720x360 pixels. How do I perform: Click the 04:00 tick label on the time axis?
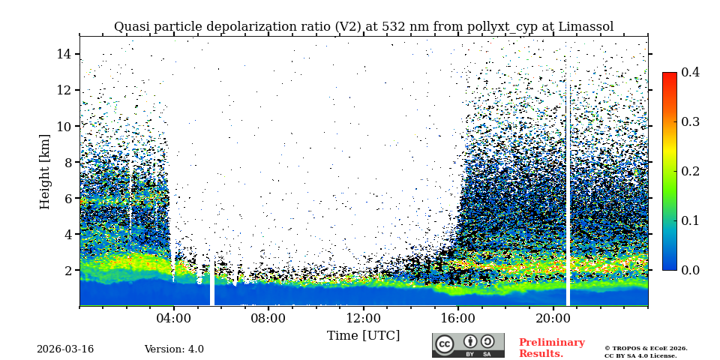[x=174, y=318]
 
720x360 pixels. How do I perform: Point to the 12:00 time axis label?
[x=363, y=318]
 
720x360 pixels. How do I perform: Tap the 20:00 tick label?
[x=553, y=318]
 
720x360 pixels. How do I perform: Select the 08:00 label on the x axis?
[x=268, y=318]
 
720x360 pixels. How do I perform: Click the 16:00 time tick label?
[x=458, y=318]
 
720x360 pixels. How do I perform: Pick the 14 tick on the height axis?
[x=63, y=54]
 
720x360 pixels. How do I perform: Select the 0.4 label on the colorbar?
[x=690, y=72]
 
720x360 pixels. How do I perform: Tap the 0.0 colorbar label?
[x=690, y=270]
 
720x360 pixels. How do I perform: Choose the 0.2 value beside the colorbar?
[x=690, y=171]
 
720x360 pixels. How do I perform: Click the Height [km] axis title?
[x=45, y=171]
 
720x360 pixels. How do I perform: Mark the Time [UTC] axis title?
[x=363, y=335]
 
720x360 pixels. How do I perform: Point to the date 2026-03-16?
[x=65, y=349]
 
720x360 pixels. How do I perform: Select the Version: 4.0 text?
[x=174, y=349]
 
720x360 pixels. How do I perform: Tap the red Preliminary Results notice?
[x=551, y=348]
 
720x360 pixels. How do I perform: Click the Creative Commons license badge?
[x=468, y=345]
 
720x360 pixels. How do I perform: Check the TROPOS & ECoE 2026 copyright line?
[x=646, y=348]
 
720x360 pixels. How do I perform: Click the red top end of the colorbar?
[x=669, y=76]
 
